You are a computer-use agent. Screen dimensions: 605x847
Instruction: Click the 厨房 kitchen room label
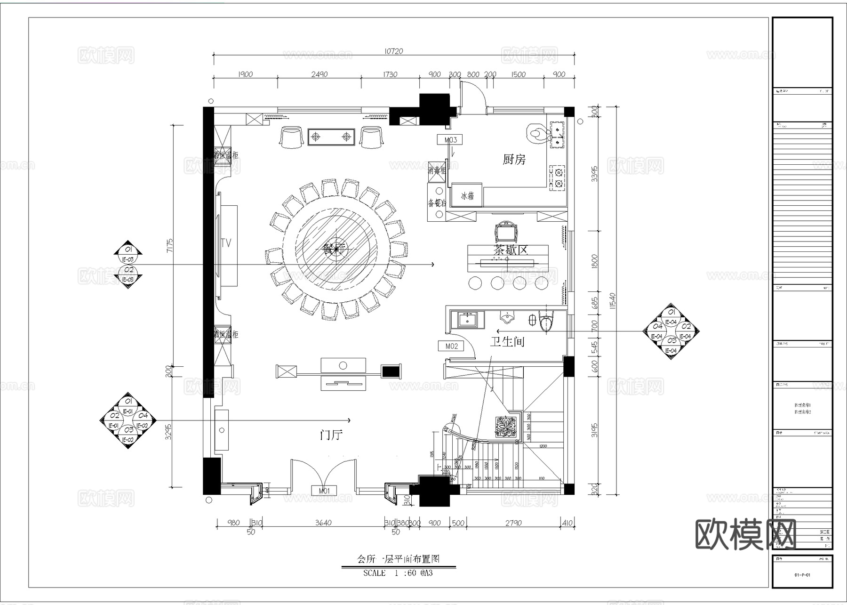coord(513,160)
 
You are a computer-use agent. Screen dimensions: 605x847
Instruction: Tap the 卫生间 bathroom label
coord(507,341)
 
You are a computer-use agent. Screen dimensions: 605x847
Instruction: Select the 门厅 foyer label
coord(331,435)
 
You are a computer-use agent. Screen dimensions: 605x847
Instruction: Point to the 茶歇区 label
coord(511,250)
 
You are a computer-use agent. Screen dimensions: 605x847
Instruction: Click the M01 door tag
coord(324,491)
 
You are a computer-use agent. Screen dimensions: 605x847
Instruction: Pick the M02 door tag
coord(451,346)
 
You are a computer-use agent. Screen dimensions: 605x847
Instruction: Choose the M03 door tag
coord(450,140)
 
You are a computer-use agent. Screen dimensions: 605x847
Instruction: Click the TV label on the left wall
coord(226,243)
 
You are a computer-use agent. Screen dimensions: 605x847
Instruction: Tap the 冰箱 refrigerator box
coord(467,196)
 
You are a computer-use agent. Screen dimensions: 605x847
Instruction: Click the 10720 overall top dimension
coord(393,51)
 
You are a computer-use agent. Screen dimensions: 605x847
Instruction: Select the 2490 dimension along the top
coord(319,74)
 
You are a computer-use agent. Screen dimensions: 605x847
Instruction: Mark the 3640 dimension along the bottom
coord(323,523)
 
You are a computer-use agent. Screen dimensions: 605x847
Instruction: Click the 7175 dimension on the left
coord(170,246)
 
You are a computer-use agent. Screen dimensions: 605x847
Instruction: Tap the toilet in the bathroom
coord(546,322)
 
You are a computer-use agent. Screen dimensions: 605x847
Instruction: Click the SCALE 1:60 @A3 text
coord(398,573)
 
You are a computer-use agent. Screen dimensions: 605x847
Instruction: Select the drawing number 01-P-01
coord(802,575)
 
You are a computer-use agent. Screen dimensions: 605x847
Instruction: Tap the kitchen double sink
coord(558,134)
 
